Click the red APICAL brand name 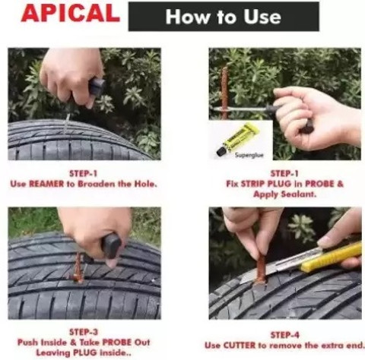coord(71,15)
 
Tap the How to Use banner coord(223,17)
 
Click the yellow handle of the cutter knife coord(332,257)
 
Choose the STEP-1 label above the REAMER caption coord(83,173)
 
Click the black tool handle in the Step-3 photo coord(111,245)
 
